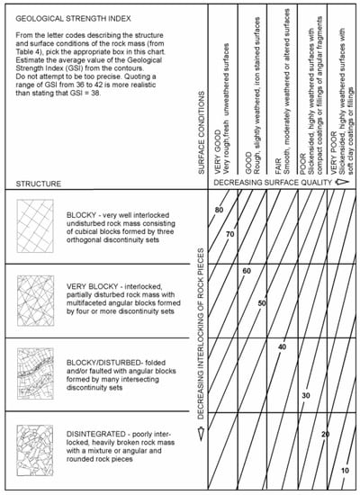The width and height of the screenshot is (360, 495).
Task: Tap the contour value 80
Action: coord(220,210)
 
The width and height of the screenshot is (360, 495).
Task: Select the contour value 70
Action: coord(229,233)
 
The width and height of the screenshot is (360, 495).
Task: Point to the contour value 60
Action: coord(247,270)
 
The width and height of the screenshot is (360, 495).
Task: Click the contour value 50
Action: coord(261,303)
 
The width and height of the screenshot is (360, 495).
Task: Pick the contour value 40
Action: coord(282,346)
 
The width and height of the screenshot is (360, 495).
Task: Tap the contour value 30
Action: coord(306,395)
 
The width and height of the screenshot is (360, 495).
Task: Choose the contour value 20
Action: coord(325,434)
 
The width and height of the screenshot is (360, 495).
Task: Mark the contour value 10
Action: coord(344,471)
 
